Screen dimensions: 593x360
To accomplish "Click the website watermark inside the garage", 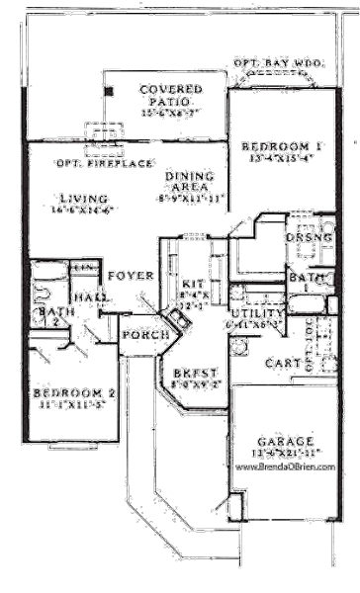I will pos(287,462).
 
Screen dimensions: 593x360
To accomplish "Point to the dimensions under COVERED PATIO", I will pos(170,113).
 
